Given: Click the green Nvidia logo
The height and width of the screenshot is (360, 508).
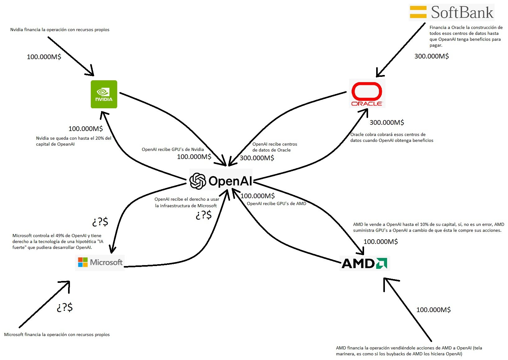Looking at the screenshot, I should [x=104, y=94].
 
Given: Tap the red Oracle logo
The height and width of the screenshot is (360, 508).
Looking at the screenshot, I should [x=367, y=93].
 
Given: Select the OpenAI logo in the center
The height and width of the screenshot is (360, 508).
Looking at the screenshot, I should [x=221, y=181].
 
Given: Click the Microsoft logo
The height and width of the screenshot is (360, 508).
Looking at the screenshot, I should [x=100, y=262].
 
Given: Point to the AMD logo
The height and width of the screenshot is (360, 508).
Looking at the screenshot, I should [x=364, y=263].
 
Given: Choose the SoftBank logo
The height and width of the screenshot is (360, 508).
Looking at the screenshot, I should [x=451, y=12].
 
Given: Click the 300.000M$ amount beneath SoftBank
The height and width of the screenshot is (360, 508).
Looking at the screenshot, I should [x=432, y=56].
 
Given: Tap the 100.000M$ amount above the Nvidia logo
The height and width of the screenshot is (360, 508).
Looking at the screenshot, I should [x=44, y=57].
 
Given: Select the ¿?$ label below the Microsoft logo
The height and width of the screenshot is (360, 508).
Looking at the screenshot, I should [x=65, y=307].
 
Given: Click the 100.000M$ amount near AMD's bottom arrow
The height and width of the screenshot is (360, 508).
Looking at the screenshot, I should [x=433, y=310].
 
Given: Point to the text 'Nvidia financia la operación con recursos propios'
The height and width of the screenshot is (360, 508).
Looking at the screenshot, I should [x=60, y=30].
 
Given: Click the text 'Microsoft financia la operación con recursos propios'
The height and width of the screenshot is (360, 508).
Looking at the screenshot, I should [x=57, y=335].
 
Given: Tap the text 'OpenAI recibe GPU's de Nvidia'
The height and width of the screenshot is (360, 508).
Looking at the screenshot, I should [x=173, y=150].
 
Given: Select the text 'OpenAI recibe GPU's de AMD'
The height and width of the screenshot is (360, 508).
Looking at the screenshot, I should [x=276, y=204].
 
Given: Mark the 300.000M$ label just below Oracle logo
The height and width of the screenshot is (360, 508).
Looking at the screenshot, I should [x=387, y=123].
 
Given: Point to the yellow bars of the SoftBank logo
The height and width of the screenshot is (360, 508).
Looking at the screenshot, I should [x=418, y=12].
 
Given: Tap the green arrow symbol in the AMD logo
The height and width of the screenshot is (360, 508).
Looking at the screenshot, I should [x=381, y=263].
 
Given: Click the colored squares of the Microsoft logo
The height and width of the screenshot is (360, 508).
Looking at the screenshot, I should [x=83, y=262].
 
